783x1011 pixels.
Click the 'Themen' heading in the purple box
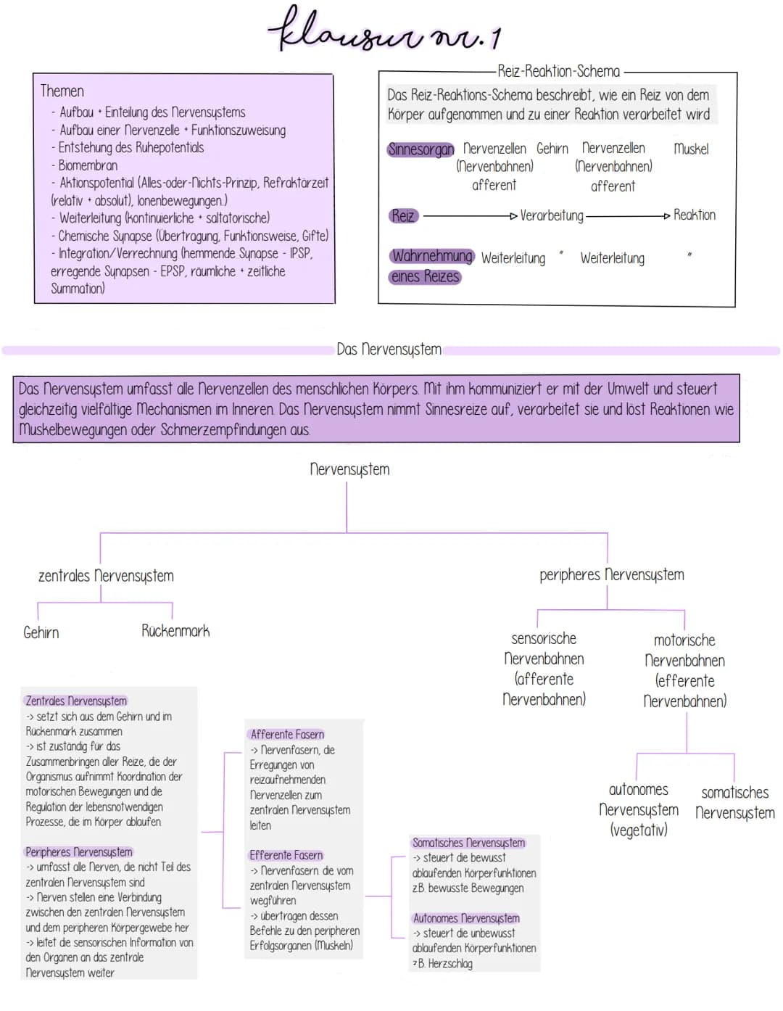(x=62, y=91)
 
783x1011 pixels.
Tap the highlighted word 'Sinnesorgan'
(x=420, y=149)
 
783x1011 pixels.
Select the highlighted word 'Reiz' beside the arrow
(x=403, y=215)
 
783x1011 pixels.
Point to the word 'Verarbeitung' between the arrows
(x=551, y=215)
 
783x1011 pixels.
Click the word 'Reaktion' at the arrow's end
(x=694, y=215)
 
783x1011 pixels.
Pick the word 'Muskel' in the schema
(x=691, y=149)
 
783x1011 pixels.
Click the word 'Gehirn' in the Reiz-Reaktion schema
(x=552, y=149)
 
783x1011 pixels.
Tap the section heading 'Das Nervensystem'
(x=389, y=350)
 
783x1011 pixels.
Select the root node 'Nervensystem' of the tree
(x=349, y=469)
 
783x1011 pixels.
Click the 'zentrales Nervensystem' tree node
(x=106, y=576)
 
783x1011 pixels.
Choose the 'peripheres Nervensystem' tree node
(x=611, y=575)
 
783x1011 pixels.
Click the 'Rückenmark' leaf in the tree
(x=175, y=631)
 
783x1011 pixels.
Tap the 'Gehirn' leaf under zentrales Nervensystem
(x=41, y=632)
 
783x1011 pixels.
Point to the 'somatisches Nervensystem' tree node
(x=734, y=803)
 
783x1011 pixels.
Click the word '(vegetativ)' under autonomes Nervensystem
(x=638, y=830)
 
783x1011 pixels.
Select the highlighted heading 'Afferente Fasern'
(x=287, y=734)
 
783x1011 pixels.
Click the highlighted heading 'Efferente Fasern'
(x=286, y=855)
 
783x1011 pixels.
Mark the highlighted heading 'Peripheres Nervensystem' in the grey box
(x=78, y=851)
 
